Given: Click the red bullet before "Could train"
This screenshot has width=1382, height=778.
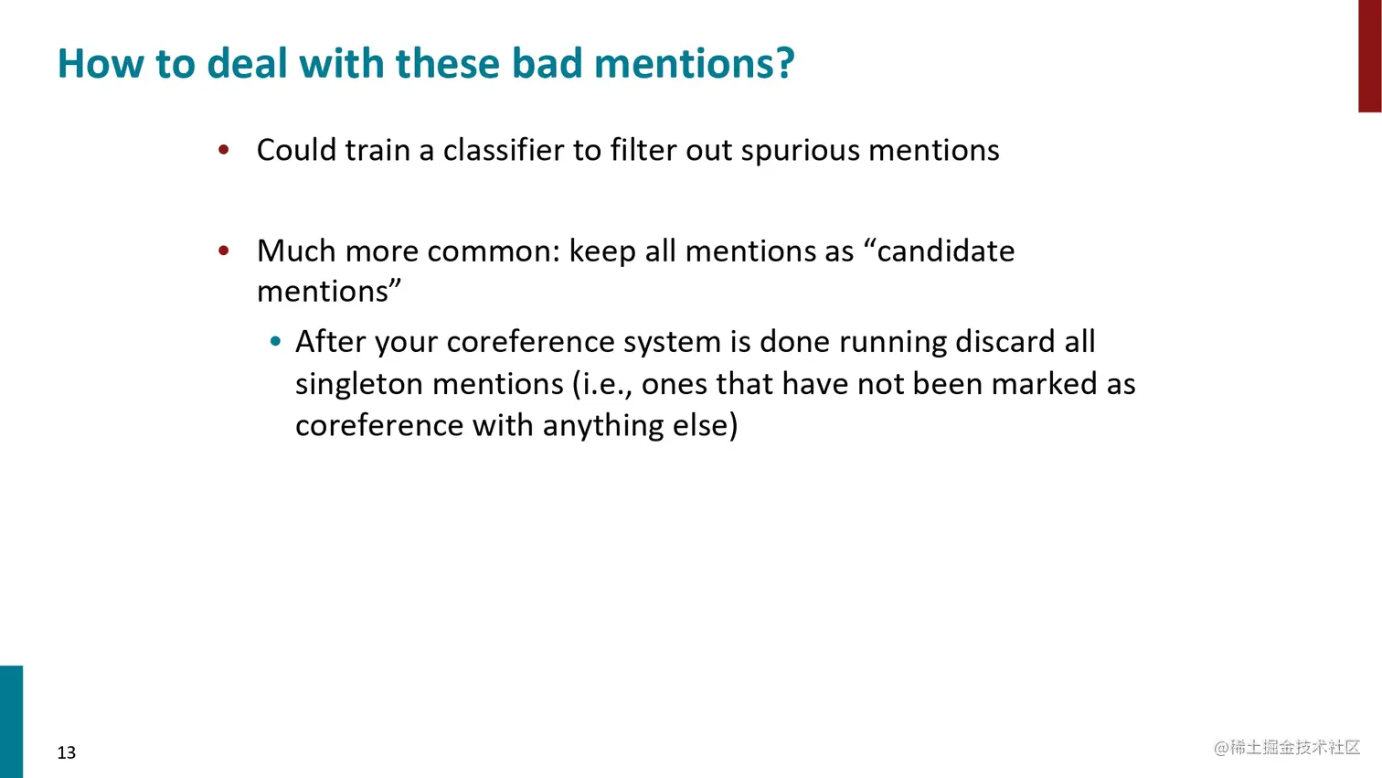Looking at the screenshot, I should point(224,149).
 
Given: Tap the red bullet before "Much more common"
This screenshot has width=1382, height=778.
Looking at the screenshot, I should point(224,250).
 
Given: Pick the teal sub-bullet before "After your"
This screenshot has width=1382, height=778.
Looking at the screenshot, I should point(275,342).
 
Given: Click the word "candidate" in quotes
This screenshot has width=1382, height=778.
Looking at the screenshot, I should point(945,250).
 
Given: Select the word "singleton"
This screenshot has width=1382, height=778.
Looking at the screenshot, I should point(359,384).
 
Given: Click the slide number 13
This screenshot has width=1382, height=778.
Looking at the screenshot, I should point(67,752).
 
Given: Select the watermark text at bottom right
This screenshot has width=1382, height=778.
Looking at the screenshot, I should point(1287,748).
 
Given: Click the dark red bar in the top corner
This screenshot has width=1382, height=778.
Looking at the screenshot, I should point(1369,55).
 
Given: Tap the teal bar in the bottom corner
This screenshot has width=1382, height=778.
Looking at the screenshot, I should point(11,721).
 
